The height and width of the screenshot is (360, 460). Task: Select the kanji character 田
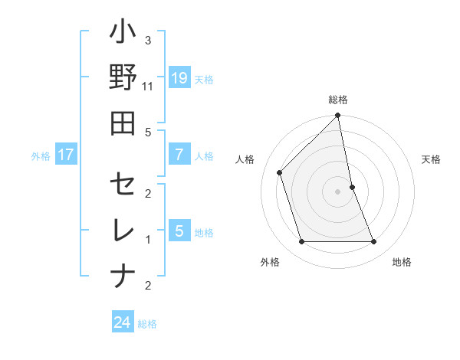(123, 123)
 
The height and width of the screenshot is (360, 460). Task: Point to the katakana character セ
(123, 186)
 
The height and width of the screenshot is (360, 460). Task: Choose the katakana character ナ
(123, 276)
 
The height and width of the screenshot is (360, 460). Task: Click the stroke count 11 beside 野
(148, 87)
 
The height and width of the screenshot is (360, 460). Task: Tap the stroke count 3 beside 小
(148, 40)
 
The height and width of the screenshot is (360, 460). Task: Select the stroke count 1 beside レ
(148, 240)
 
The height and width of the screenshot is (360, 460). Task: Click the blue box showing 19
(179, 78)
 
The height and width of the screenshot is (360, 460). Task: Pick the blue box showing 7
(179, 155)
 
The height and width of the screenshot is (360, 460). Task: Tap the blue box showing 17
(66, 155)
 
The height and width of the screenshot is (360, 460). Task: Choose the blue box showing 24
(123, 323)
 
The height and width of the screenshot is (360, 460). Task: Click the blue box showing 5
(179, 231)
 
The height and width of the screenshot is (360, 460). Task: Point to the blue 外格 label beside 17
(41, 156)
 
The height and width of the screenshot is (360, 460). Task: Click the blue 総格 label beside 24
(147, 324)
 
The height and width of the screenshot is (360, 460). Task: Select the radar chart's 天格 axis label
(432, 159)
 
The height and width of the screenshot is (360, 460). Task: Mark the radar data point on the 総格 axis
(338, 116)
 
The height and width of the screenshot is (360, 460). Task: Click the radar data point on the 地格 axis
(374, 242)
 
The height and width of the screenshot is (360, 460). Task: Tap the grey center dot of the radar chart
(338, 191)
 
